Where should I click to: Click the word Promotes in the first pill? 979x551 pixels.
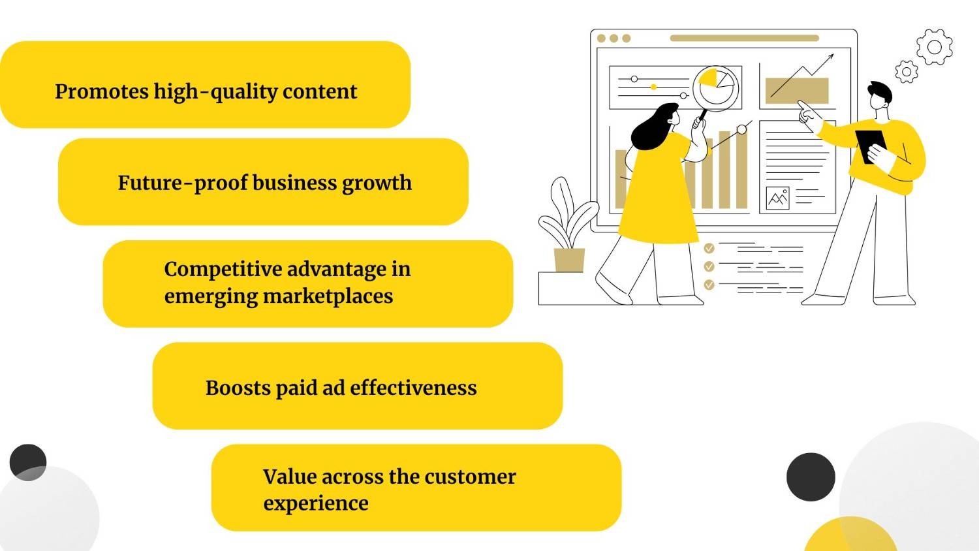coord(102,91)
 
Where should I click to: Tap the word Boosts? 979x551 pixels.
coord(238,388)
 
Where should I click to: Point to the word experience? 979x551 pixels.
coord(316,503)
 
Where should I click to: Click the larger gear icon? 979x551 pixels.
coord(935,47)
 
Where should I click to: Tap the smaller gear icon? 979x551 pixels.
coord(906,71)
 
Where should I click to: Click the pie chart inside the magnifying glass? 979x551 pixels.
coord(715,83)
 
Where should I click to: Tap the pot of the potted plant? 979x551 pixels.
coord(569,260)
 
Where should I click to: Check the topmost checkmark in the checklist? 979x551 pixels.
coord(709,248)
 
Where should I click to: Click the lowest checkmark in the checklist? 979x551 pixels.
coord(709,285)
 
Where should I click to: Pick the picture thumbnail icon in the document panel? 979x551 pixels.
coord(777,198)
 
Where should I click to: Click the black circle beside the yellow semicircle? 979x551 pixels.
coord(811,477)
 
